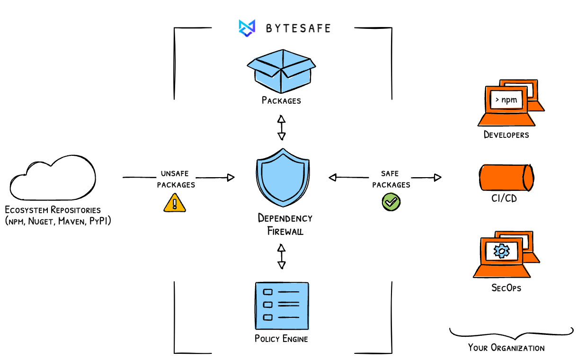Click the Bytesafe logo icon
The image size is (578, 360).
click(247, 28)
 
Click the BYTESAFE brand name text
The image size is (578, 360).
click(298, 28)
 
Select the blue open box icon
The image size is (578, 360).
click(281, 71)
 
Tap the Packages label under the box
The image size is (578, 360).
click(281, 100)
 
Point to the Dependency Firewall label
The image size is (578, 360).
click(285, 225)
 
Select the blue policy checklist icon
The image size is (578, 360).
click(282, 306)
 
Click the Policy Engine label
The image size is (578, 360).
click(281, 339)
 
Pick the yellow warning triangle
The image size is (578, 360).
click(175, 203)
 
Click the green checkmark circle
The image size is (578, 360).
click(391, 202)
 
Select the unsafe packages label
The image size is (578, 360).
click(176, 179)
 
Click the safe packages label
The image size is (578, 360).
click(391, 179)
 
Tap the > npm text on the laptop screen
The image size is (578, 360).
click(506, 100)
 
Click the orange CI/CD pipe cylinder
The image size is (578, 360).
click(506, 177)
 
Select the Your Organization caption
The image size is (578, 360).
click(506, 348)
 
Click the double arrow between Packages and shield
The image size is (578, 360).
click(282, 127)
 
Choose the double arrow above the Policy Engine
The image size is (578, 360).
click(282, 256)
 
